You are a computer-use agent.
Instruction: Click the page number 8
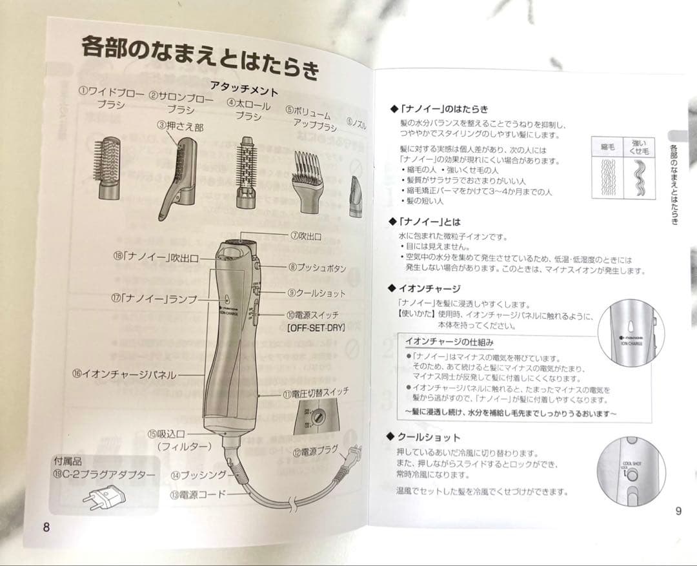tap(46, 526)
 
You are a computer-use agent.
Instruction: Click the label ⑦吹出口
tap(305, 237)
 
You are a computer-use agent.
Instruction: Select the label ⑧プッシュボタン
tap(317, 267)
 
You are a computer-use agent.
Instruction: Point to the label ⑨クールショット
tap(316, 293)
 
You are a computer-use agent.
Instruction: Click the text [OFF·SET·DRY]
tap(316, 327)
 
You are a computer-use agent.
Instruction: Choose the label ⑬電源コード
tap(198, 495)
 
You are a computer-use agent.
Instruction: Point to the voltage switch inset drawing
tap(314, 416)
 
